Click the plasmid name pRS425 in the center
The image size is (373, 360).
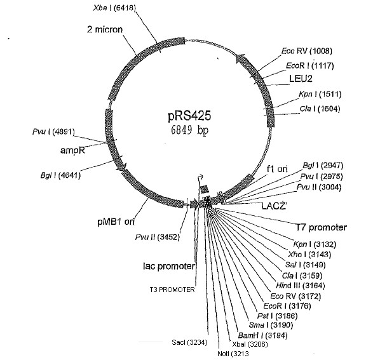tap(189, 116)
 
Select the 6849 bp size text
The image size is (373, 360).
tap(189, 130)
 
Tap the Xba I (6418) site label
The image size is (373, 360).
tap(114, 8)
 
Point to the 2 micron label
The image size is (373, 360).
tap(105, 29)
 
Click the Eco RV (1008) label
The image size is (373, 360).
tap(307, 51)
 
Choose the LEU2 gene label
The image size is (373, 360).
tap(301, 79)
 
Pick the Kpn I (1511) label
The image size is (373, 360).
tap(320, 95)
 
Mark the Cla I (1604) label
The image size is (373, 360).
tap(320, 109)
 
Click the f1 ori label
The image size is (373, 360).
tap(277, 169)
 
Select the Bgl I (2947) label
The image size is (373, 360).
tap(323, 165)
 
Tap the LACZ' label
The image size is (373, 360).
tap(274, 206)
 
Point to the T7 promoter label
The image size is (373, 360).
tap(321, 227)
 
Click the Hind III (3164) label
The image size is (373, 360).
tap(301, 285)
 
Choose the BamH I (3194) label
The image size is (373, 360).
tap(262, 335)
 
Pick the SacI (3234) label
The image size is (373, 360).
tap(189, 342)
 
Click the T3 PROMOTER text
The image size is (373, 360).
tap(172, 290)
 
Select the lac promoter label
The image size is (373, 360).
tap(169, 266)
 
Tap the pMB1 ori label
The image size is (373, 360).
tap(116, 222)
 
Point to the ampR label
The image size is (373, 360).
tap(72, 150)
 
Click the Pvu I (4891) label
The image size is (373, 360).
tap(53, 131)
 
